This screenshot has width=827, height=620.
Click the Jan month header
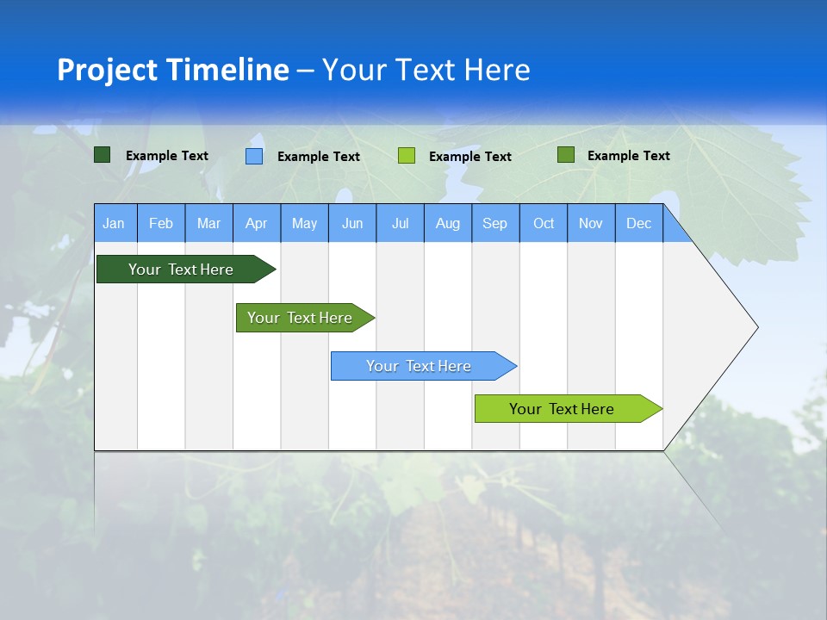pyautogui.click(x=114, y=223)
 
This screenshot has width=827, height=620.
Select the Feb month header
pyautogui.click(x=161, y=223)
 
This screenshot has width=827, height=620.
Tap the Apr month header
pyautogui.click(x=256, y=223)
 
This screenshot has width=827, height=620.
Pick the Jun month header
pyautogui.click(x=352, y=223)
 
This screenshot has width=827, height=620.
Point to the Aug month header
pyautogui.click(x=448, y=223)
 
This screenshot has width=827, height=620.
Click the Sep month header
pyautogui.click(x=494, y=223)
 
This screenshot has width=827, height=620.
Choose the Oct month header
pyautogui.click(x=544, y=223)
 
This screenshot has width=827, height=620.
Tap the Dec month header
pyautogui.click(x=638, y=223)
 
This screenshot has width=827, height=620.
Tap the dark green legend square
pyautogui.click(x=103, y=155)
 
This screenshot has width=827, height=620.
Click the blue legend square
pyautogui.click(x=254, y=156)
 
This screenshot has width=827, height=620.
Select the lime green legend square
pyautogui.click(x=407, y=155)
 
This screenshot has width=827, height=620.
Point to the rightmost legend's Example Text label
pyautogui.click(x=628, y=156)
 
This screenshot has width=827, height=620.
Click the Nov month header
pyautogui.click(x=591, y=223)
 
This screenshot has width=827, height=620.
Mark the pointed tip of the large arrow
pyautogui.click(x=756, y=327)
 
